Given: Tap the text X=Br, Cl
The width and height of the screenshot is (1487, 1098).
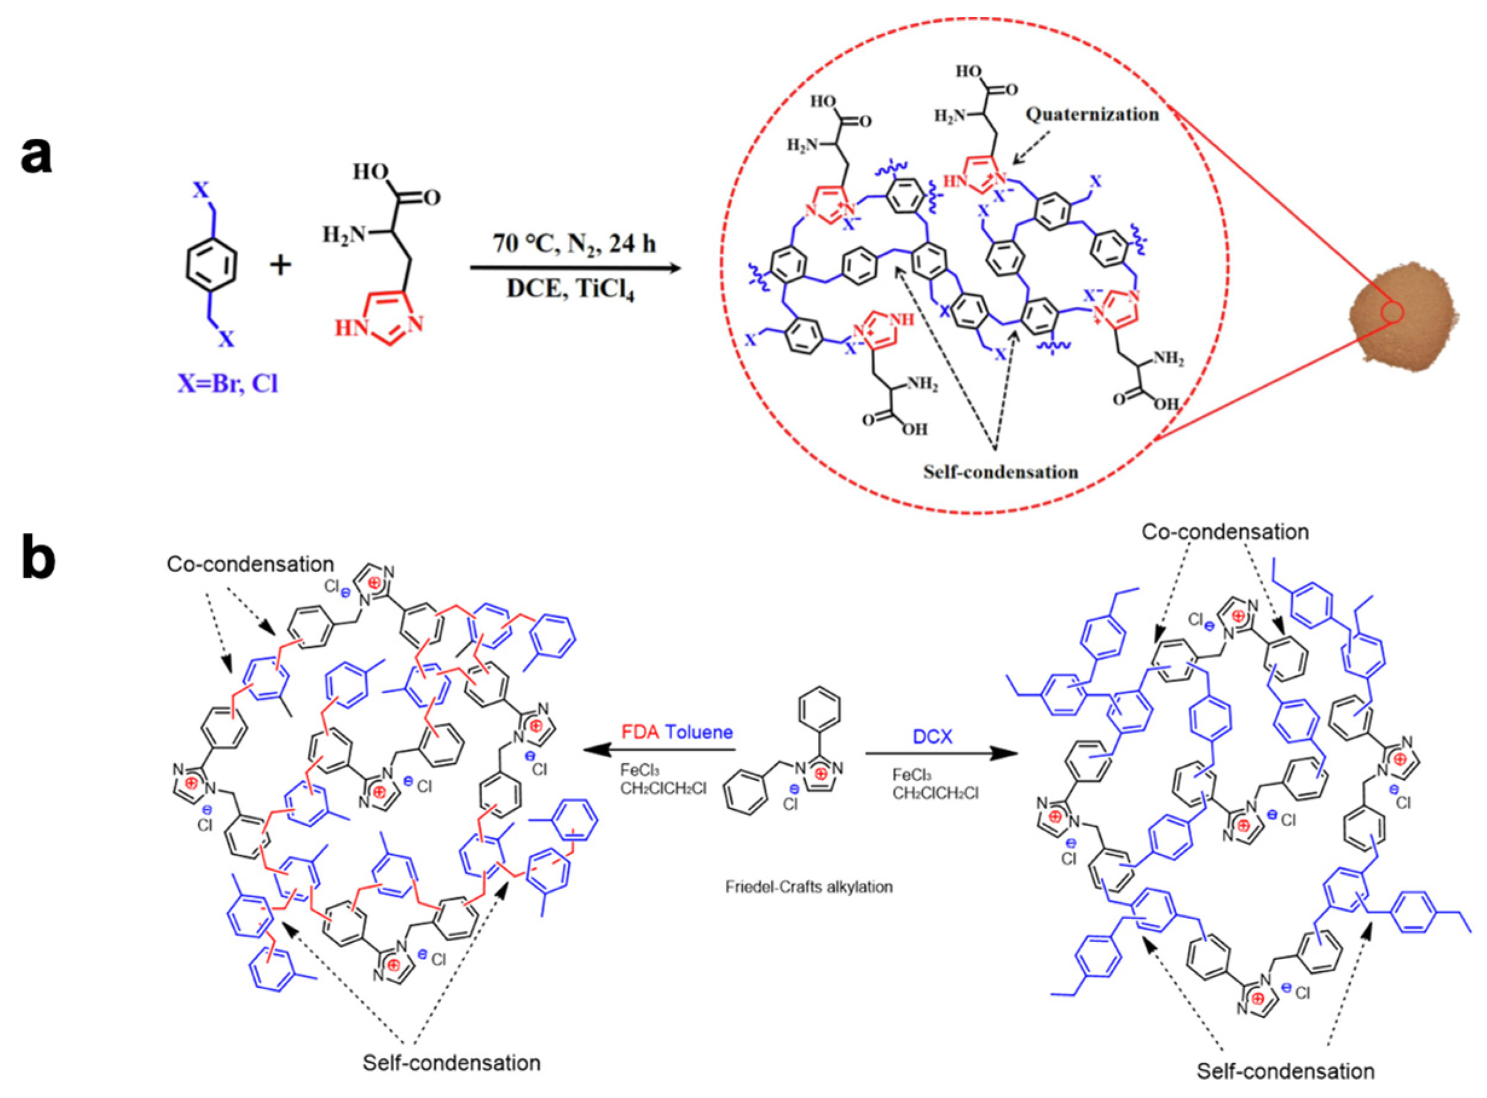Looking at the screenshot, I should click(x=227, y=384).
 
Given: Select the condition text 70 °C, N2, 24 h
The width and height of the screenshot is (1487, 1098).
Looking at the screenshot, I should click(x=574, y=244).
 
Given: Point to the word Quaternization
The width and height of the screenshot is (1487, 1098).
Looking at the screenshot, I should click(x=1092, y=114).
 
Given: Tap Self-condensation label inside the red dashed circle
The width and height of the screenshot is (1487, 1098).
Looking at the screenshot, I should click(x=1000, y=472).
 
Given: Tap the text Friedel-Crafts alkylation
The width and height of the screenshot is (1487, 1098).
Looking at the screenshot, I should click(x=809, y=886).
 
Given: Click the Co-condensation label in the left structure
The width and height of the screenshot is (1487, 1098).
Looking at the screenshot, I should click(x=251, y=564).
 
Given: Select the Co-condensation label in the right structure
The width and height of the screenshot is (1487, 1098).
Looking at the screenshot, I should click(x=1225, y=532).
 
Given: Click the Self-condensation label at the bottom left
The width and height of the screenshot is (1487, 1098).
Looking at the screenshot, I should click(x=452, y=1063).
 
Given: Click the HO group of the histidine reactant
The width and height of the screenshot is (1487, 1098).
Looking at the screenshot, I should click(x=371, y=173).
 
